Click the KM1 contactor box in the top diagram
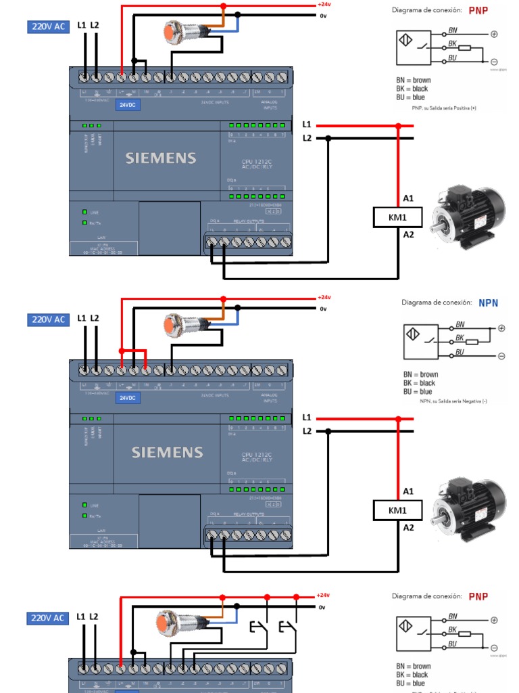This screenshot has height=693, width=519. tap(398, 217)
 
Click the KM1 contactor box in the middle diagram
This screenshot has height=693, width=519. tap(398, 510)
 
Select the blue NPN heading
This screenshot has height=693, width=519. tap(488, 303)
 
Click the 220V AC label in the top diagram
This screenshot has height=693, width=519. tap(47, 27)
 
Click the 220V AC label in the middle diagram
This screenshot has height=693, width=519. tap(47, 319)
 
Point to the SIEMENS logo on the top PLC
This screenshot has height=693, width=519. tap(161, 158)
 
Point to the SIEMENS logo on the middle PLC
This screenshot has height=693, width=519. tap(168, 452)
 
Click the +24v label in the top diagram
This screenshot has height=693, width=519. tap(324, 4)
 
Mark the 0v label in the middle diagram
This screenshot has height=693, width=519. tap(323, 309)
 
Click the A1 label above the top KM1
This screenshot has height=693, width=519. tap(408, 198)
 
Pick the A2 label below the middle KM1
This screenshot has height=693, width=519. tap(408, 527)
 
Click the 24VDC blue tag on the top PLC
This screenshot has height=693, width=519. tap(127, 105)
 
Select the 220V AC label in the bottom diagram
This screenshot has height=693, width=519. tap(47, 618)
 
